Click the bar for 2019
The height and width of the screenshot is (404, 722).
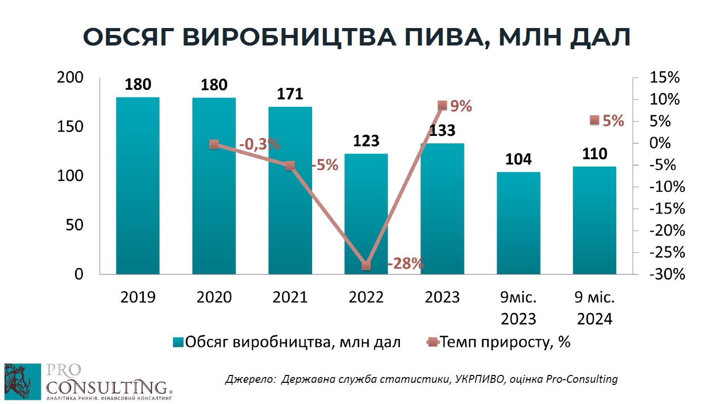(138, 185)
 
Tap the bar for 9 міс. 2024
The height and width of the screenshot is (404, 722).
(595, 220)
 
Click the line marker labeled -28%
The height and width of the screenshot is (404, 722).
(366, 265)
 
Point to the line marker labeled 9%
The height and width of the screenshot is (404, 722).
(443, 106)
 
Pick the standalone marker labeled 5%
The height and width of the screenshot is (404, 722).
(595, 121)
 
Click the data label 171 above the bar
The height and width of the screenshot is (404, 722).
(290, 95)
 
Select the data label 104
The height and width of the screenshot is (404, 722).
(518, 160)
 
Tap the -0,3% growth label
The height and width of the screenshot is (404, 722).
(259, 144)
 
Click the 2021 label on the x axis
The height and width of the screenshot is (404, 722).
(290, 298)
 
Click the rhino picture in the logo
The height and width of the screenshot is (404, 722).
(22, 381)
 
